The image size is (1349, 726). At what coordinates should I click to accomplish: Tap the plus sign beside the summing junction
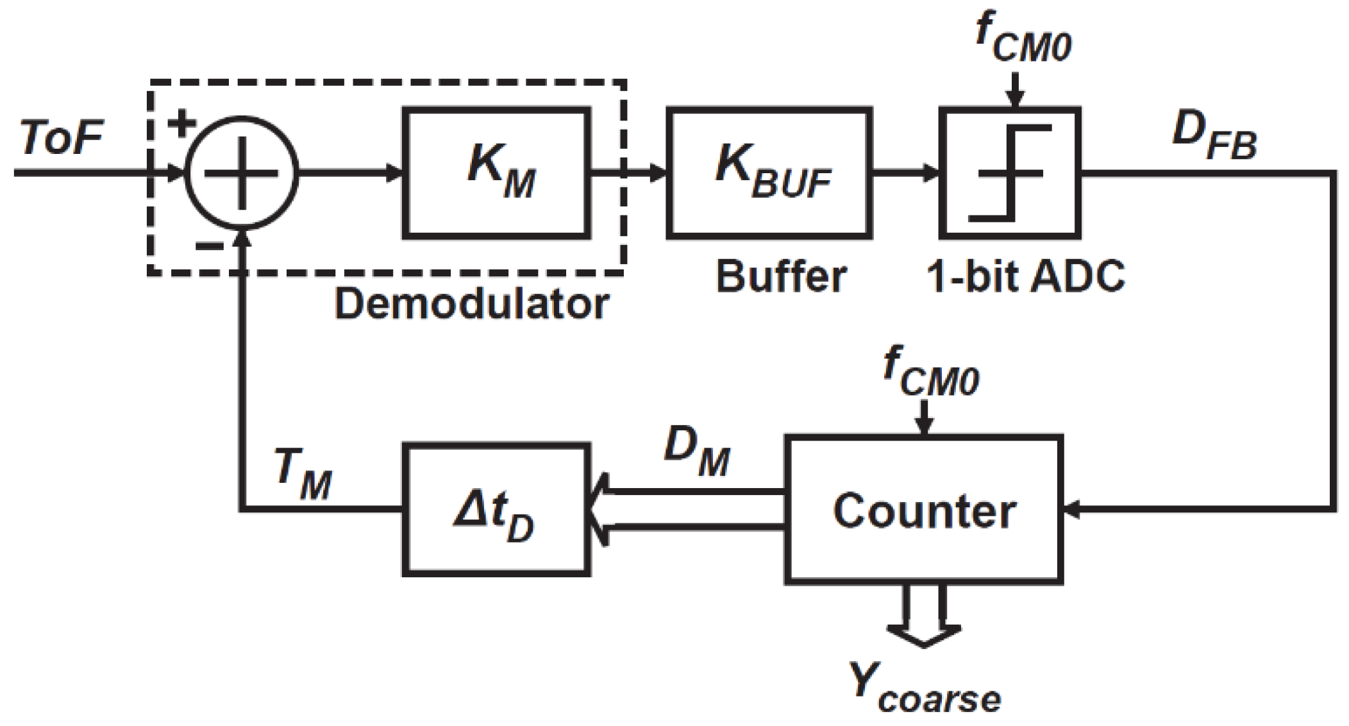coord(181,123)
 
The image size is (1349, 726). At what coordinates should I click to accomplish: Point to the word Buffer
coord(781,277)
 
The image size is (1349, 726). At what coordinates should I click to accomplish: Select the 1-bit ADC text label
coord(1026,277)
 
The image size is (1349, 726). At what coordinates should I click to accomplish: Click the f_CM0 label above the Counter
coord(931,372)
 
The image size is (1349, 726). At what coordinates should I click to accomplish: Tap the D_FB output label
coord(1214,136)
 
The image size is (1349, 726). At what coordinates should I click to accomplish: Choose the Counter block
coord(924,511)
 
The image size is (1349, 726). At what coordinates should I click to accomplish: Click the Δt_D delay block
coord(496,511)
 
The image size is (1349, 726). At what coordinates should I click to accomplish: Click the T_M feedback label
coord(303,475)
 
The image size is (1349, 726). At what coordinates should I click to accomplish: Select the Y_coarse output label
coord(924,689)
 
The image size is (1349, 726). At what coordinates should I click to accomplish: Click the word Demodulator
coord(472,304)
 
